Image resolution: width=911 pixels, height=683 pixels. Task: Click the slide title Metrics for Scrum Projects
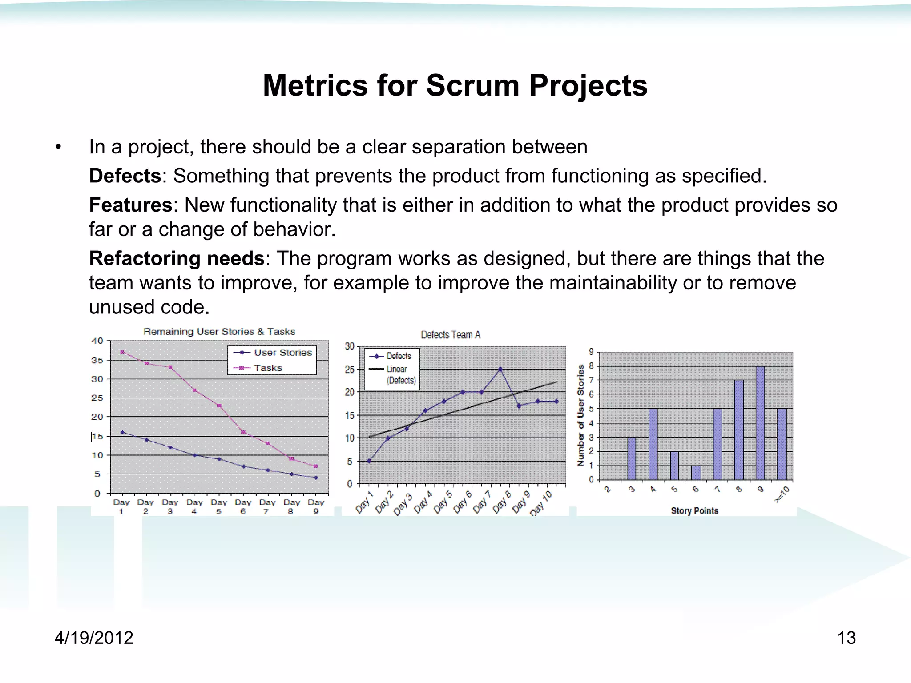455,85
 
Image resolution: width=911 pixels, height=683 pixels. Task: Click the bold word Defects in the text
125,176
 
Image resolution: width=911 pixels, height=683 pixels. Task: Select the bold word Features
130,205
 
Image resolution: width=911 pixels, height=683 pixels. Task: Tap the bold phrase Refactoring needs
177,259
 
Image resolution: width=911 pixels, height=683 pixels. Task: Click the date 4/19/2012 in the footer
94,638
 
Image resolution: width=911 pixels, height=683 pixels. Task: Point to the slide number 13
846,638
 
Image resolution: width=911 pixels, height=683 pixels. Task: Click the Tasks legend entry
267,368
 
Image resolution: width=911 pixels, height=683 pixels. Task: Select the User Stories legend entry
282,353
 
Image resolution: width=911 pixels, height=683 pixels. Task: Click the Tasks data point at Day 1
122,352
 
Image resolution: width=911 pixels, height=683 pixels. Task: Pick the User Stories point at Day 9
316,478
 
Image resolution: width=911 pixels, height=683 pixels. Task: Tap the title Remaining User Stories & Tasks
219,332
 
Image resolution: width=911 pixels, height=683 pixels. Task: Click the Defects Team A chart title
450,335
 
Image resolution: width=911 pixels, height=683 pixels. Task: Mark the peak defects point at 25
500,369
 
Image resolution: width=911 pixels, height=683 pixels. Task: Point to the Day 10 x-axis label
541,503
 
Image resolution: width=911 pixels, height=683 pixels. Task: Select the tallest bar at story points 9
760,422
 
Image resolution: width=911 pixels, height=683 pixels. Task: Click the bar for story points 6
696,473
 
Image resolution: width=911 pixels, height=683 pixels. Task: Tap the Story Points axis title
694,510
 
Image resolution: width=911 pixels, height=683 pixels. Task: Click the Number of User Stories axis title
580,415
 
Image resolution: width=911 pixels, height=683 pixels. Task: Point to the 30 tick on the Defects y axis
349,346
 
